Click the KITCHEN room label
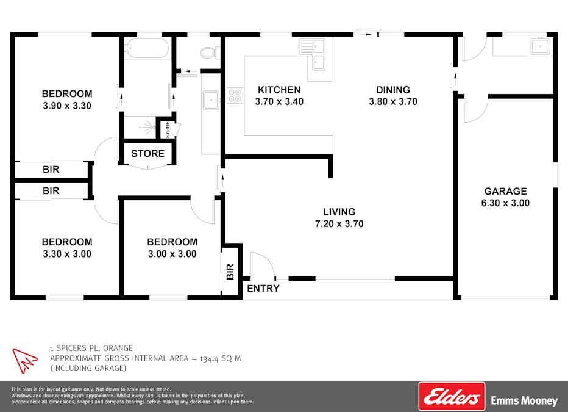279,90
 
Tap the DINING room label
393,90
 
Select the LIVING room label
339,211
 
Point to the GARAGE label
505,191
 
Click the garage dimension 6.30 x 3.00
505,203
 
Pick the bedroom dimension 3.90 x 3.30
67,106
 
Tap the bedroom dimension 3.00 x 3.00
172,254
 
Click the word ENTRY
263,288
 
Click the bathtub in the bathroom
147,48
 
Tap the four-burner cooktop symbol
235,95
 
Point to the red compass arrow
24,360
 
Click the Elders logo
452,396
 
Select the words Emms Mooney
524,401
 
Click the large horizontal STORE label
148,153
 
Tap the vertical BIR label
230,272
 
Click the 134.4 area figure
209,359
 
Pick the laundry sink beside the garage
541,46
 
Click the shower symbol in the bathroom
147,127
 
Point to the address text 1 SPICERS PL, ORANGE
91,348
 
